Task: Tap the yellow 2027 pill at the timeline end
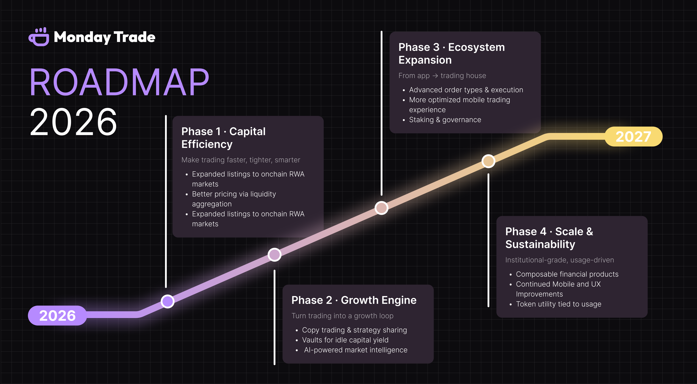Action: tap(633, 137)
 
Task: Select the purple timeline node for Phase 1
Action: tap(167, 301)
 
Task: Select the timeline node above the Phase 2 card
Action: tap(274, 255)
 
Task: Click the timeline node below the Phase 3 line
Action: tap(382, 208)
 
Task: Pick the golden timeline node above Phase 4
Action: tap(488, 161)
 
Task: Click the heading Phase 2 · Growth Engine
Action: tap(354, 300)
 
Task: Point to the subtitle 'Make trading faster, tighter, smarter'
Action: tap(241, 160)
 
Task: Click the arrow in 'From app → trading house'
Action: tap(435, 76)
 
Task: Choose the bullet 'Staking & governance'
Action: tap(445, 120)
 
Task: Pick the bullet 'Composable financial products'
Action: tap(567, 274)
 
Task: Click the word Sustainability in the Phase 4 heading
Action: tap(540, 244)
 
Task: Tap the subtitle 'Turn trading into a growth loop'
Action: tap(342, 316)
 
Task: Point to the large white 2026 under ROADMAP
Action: tap(74, 122)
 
